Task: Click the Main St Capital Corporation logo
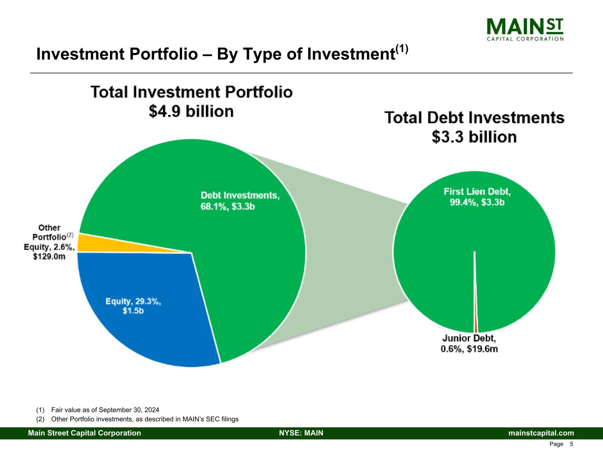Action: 525,29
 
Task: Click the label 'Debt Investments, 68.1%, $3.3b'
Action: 240,201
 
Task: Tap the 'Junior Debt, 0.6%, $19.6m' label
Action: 469,344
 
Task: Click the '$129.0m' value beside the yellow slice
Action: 49,256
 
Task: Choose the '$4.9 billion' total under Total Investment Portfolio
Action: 191,112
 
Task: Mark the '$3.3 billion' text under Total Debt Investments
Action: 474,137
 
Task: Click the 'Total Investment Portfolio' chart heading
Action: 191,93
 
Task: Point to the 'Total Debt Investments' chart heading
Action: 474,118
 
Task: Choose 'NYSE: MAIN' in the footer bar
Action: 301,433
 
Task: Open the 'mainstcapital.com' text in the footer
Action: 541,433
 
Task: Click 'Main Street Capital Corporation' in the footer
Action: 84,433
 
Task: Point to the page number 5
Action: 572,444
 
